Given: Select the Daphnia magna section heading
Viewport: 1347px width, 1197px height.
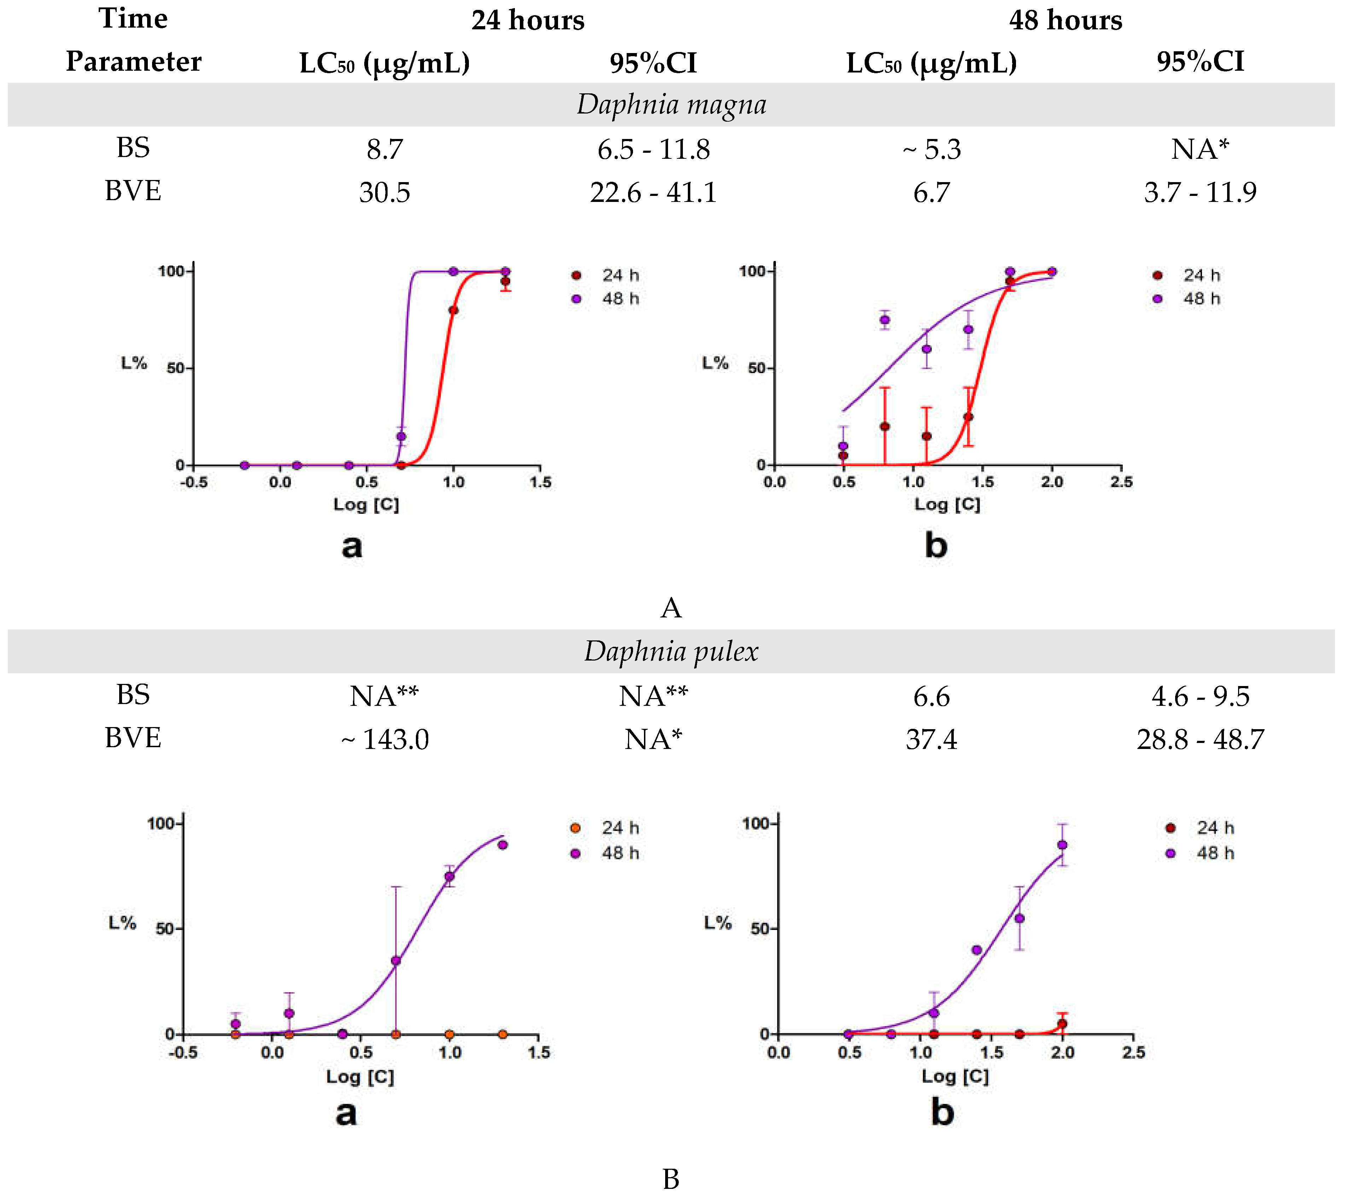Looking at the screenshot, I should click(671, 104).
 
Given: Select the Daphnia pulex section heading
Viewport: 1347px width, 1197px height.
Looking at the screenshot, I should click(671, 651).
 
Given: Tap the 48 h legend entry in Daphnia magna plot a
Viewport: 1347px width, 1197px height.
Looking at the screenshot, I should click(606, 298).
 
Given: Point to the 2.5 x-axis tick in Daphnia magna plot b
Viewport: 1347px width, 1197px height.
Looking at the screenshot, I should click(1121, 482).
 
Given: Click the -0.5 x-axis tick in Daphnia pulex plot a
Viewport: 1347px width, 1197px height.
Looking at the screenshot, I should click(182, 1053).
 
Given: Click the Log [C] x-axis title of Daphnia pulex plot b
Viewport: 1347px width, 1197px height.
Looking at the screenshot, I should click(955, 1076).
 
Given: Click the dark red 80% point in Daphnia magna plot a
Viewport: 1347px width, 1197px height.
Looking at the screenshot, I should click(453, 310).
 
